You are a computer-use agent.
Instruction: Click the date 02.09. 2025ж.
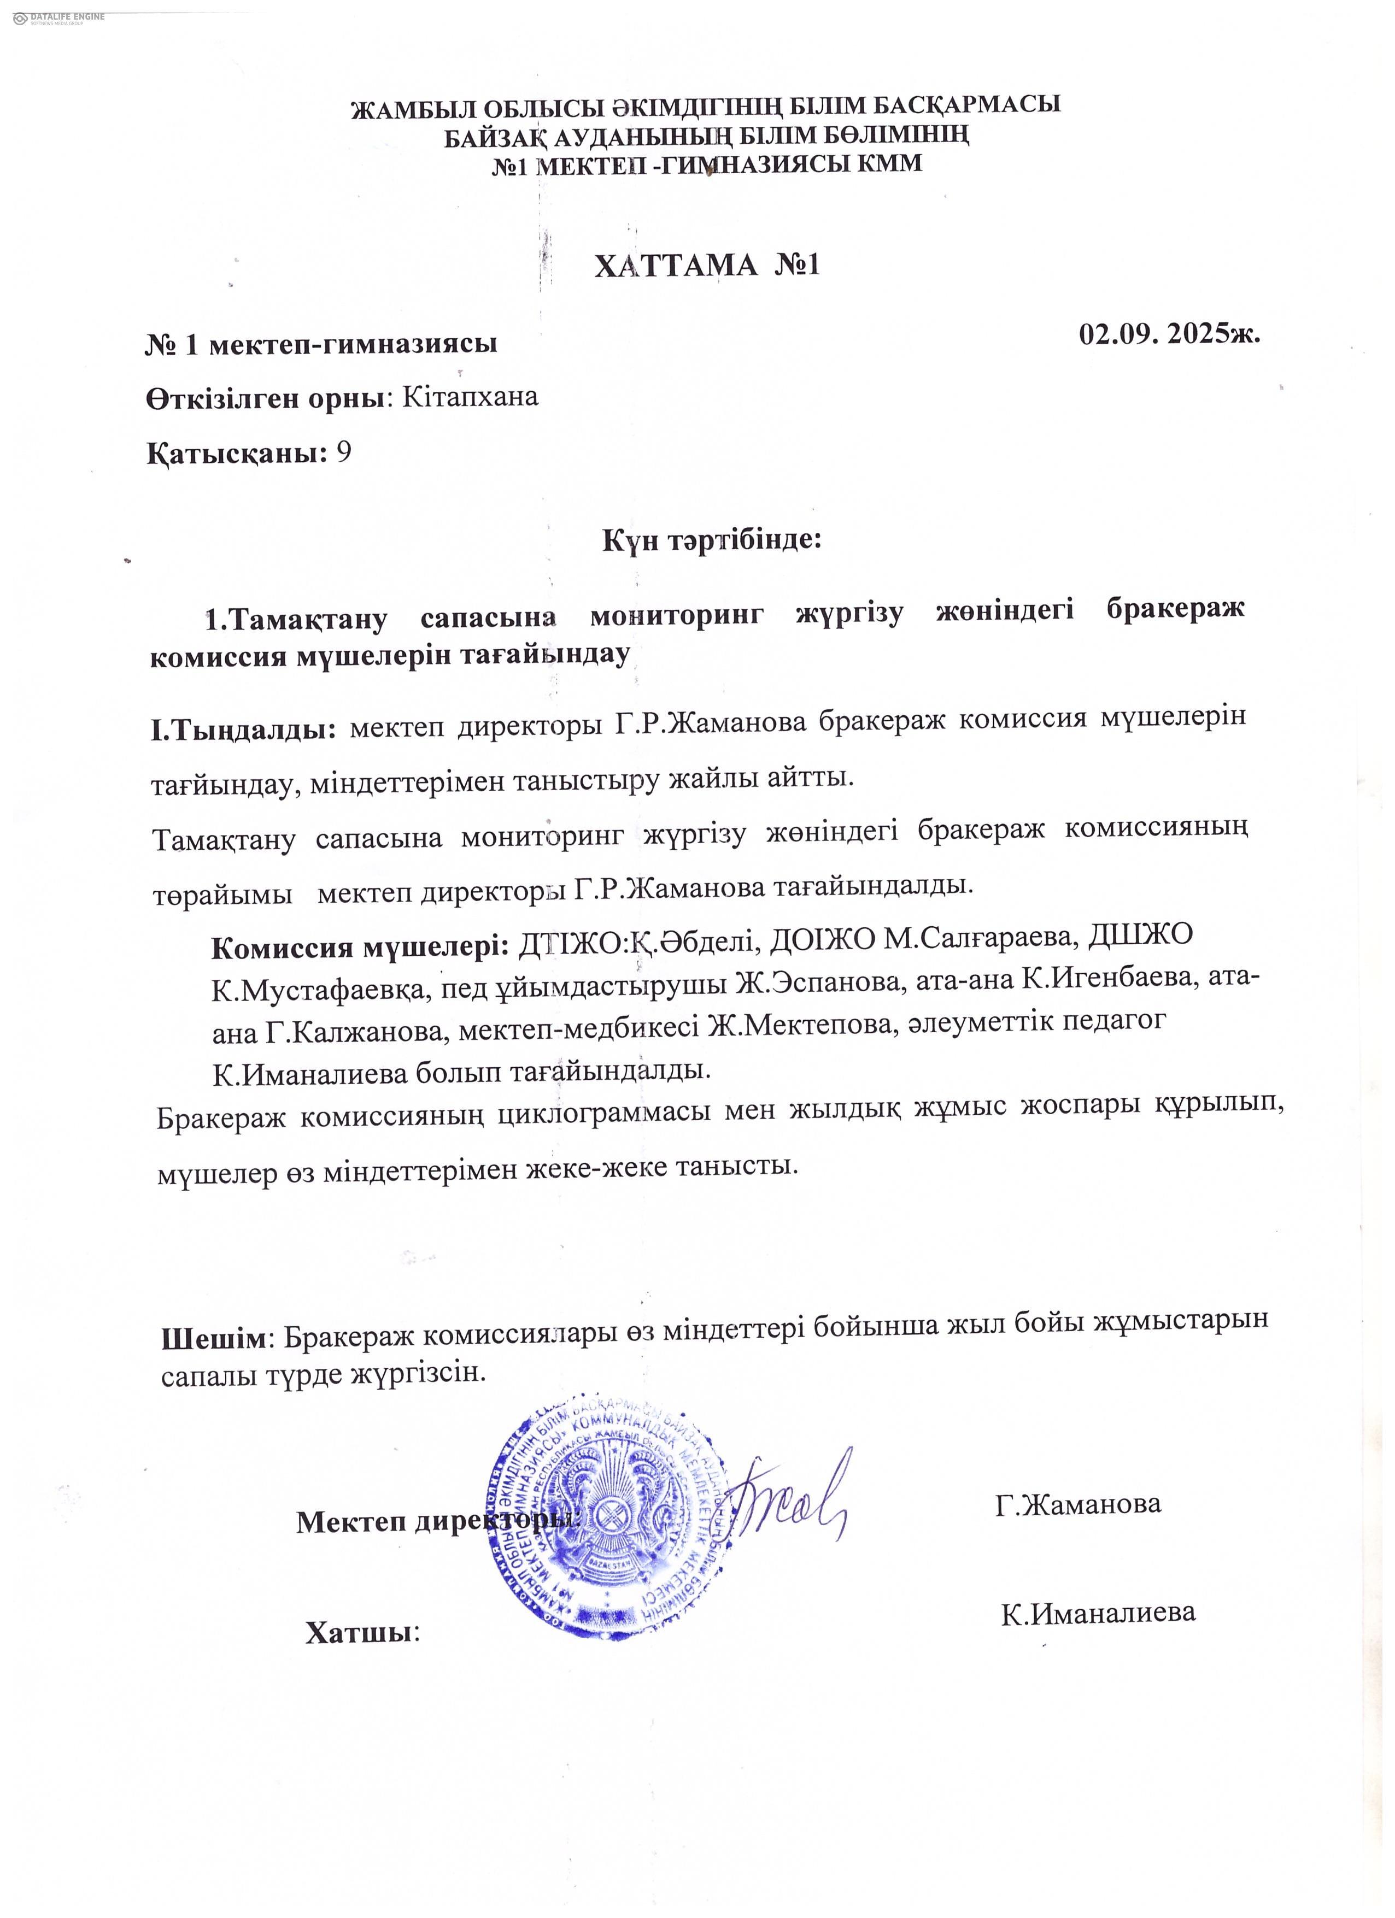[x=1170, y=334]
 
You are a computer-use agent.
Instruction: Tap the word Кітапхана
[x=470, y=397]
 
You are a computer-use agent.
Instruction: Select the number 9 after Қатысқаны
[x=343, y=454]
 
